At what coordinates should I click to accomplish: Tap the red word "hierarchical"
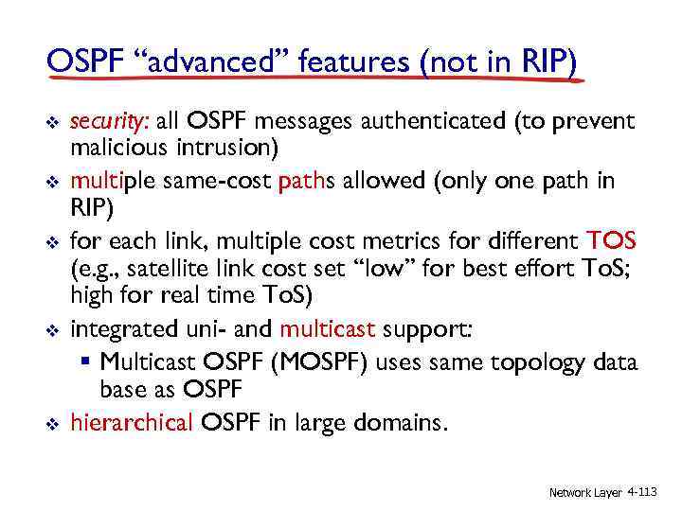pyautogui.click(x=131, y=422)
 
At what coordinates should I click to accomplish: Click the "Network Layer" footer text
pyautogui.click(x=585, y=492)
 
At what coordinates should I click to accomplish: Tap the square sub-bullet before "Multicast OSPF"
pyautogui.click(x=87, y=361)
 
